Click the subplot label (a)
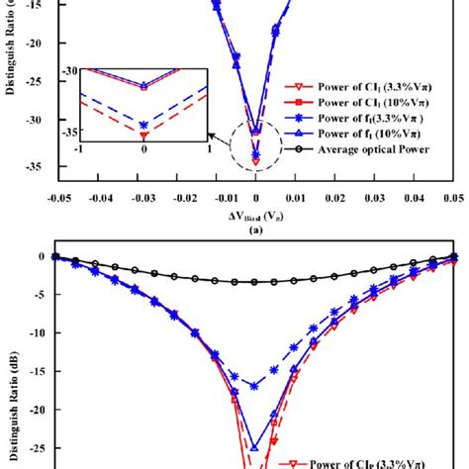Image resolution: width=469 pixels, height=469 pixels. click(x=255, y=229)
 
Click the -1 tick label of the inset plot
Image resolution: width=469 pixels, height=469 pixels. click(x=78, y=148)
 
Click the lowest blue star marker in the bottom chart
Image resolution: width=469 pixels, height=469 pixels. click(x=255, y=386)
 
